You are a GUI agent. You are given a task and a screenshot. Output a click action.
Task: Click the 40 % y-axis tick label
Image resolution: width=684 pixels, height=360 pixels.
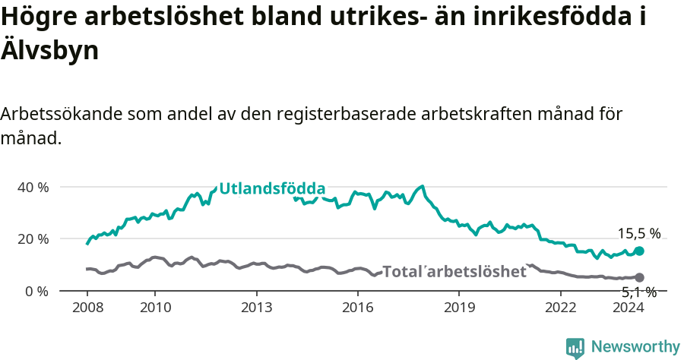point(33,187)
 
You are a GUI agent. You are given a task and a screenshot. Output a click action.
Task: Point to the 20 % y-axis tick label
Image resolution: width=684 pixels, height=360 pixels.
point(33,239)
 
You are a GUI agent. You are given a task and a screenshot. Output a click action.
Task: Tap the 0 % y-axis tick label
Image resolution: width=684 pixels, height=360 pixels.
point(36,292)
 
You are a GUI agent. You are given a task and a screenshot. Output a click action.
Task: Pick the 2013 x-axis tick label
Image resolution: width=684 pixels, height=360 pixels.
point(256,308)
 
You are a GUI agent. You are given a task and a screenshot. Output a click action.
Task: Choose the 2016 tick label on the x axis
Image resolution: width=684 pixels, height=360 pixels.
point(357,308)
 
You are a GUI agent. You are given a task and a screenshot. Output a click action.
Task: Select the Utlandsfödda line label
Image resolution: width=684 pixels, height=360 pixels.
point(272,189)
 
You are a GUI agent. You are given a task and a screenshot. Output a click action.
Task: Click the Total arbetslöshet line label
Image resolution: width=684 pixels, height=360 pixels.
point(454,271)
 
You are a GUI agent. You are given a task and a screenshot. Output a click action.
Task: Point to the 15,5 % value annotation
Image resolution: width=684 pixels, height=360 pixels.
point(638,234)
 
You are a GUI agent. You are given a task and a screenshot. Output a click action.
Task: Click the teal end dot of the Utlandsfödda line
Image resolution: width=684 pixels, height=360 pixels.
point(639,251)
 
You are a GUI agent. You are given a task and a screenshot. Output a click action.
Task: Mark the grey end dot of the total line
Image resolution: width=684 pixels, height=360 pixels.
point(639,278)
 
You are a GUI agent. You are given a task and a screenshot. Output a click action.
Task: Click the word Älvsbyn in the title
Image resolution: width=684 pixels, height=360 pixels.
point(49,51)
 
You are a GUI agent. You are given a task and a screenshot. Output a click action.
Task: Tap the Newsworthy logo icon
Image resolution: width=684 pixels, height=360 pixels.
point(575,348)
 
